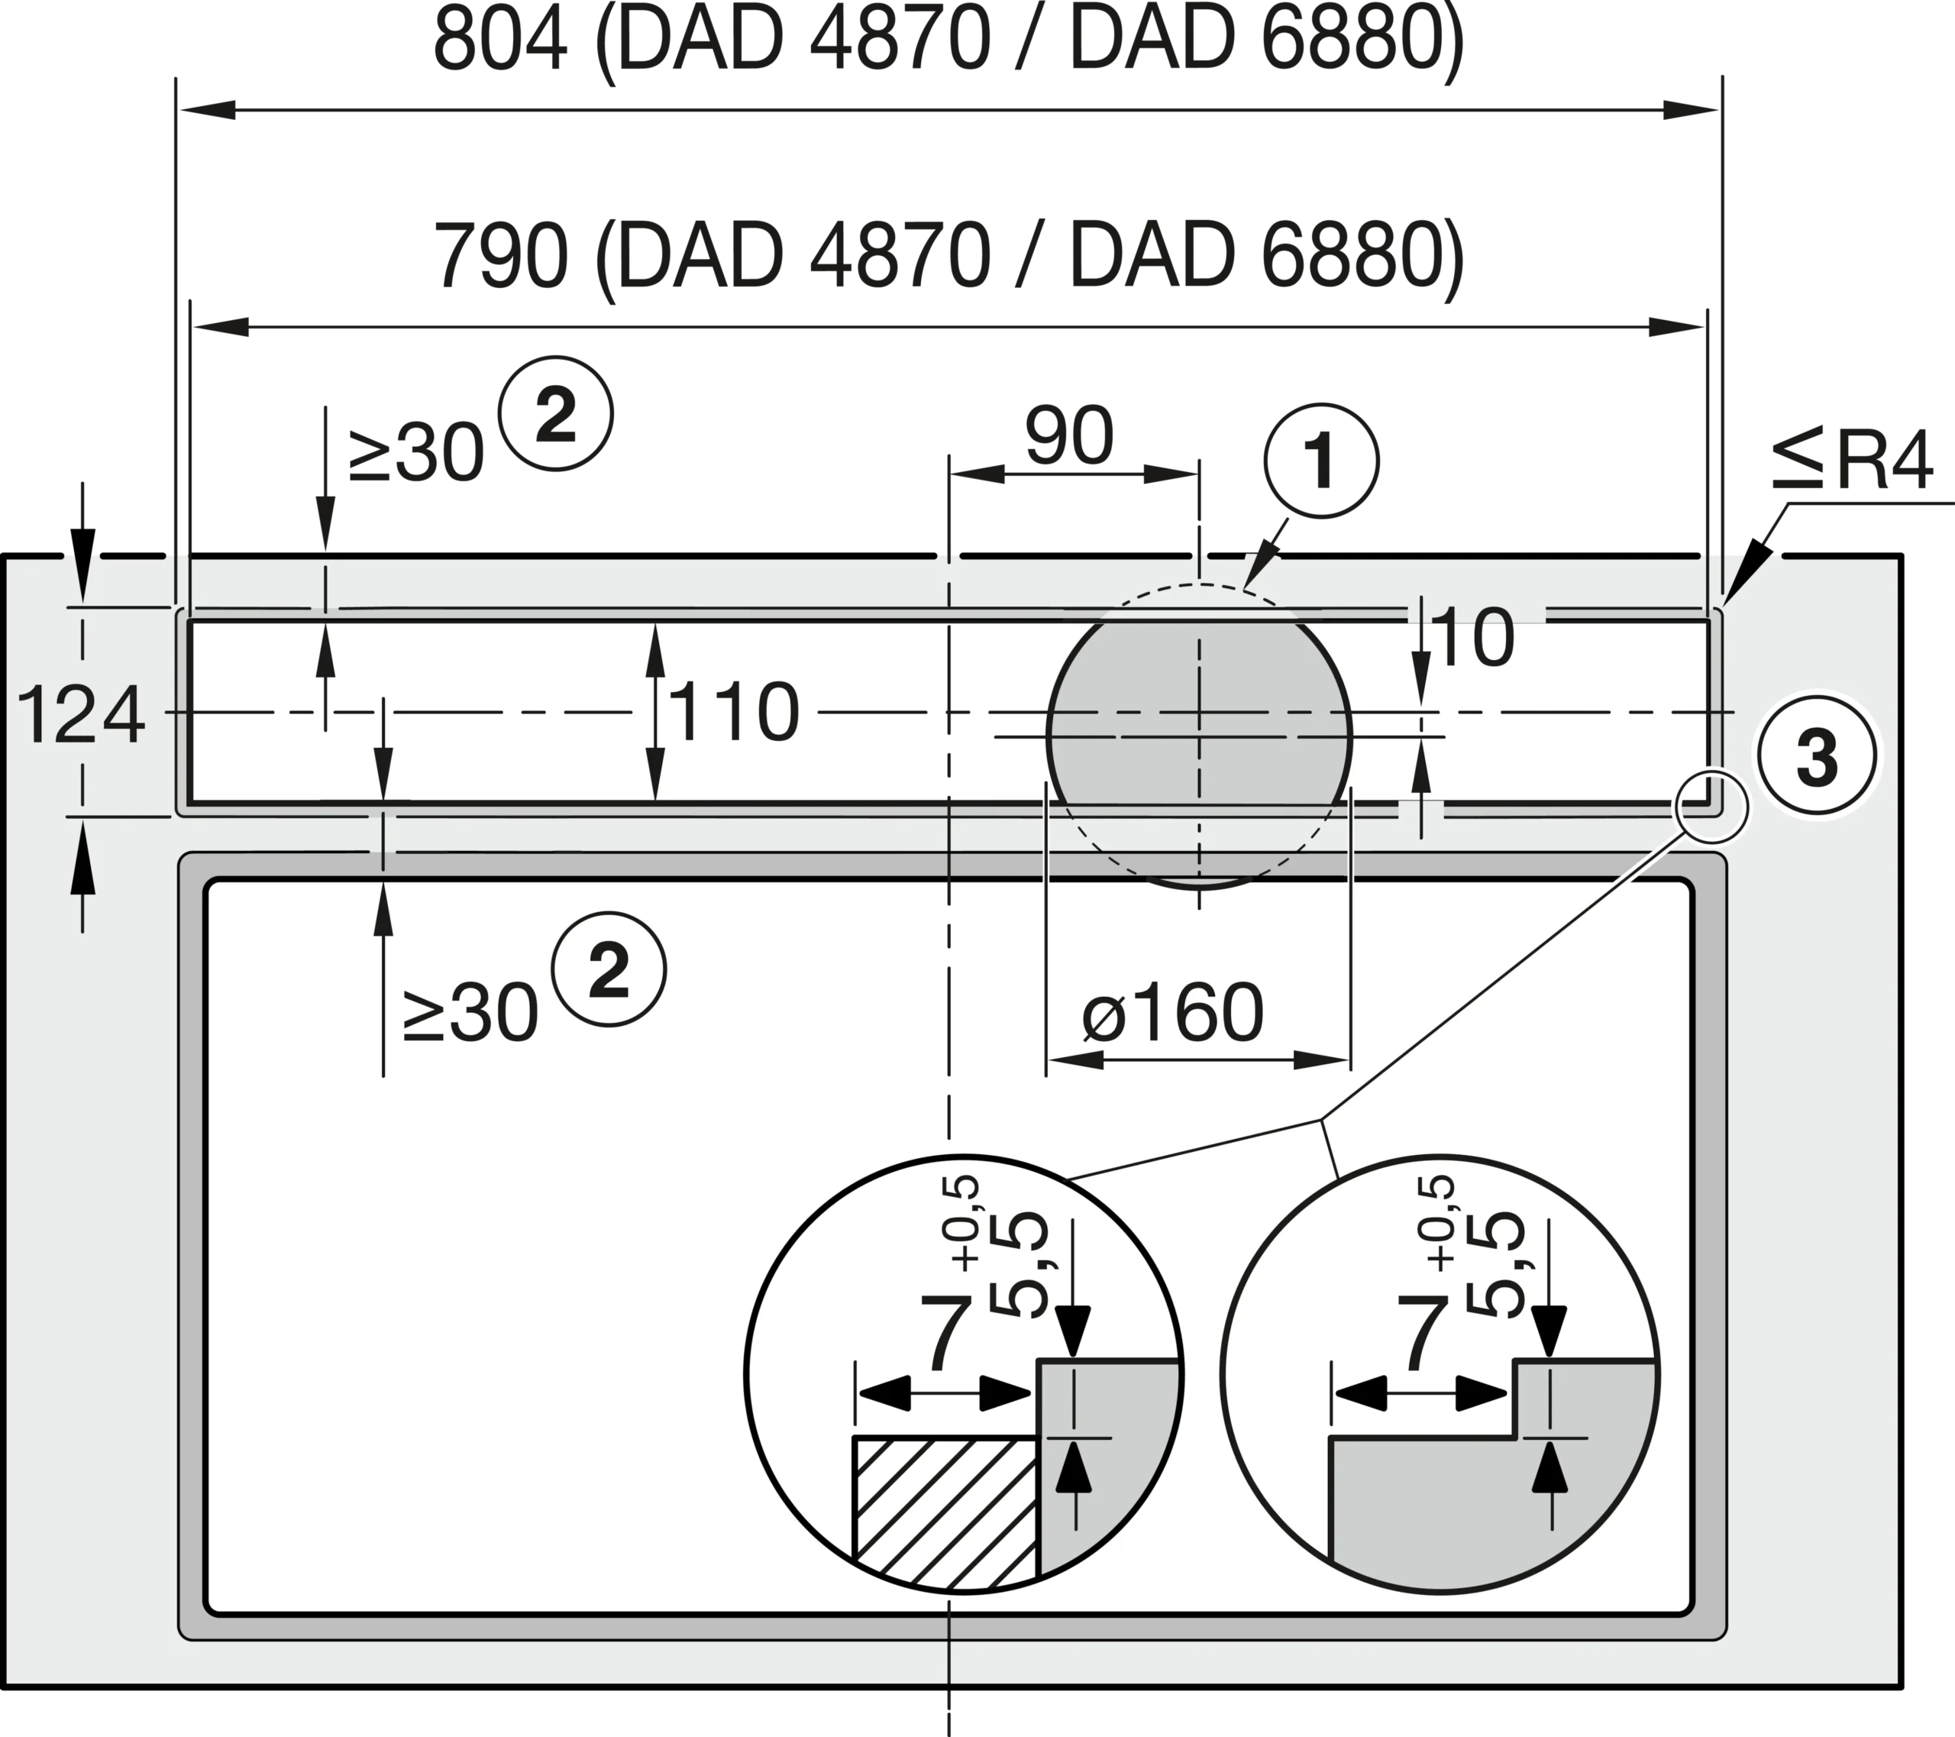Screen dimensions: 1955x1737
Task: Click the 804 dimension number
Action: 500,40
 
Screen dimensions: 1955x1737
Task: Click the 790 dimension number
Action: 500,257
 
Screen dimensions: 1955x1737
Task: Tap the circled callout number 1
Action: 1321,461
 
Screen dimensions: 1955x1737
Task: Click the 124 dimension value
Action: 81,713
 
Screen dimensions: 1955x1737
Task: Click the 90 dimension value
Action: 1069,436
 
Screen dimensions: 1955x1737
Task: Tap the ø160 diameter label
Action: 1172,1013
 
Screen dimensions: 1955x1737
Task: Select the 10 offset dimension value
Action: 1475,638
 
